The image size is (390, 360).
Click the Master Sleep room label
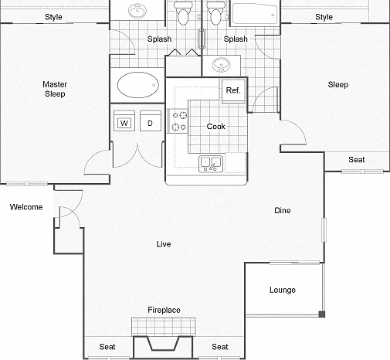pyautogui.click(x=55, y=89)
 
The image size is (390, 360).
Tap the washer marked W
pyautogui.click(x=124, y=121)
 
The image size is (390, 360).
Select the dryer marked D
pyautogui.click(x=151, y=121)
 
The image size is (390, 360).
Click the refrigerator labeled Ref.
pyautogui.click(x=233, y=90)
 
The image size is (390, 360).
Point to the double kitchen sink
pyautogui.click(x=211, y=164)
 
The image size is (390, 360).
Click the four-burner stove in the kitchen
pyautogui.click(x=178, y=121)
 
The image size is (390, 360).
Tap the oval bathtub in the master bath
pyautogui.click(x=137, y=85)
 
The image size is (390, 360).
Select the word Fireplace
pyautogui.click(x=164, y=310)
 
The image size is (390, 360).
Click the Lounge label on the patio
pyautogui.click(x=283, y=290)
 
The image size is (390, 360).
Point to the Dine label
pyautogui.click(x=283, y=210)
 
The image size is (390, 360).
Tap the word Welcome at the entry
pyautogui.click(x=26, y=207)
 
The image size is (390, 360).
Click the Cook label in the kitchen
pyautogui.click(x=216, y=127)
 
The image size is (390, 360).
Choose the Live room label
pyautogui.click(x=164, y=244)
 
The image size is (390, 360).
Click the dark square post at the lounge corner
pyautogui.click(x=322, y=314)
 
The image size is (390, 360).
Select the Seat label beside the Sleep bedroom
pyautogui.click(x=357, y=160)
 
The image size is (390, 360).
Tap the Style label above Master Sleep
pyautogui.click(x=53, y=17)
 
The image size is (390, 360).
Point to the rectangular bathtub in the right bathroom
pyautogui.click(x=254, y=14)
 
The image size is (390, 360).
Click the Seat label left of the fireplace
pyautogui.click(x=107, y=347)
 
